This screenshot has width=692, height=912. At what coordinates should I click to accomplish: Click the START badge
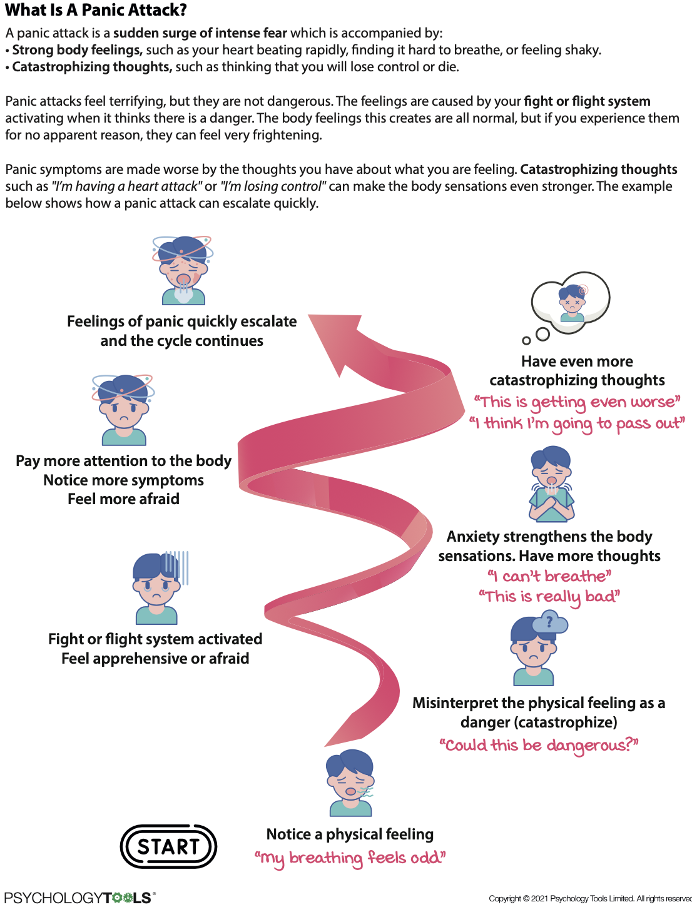pyautogui.click(x=168, y=846)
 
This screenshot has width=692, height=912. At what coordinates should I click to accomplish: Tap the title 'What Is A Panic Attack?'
pyautogui.click(x=96, y=10)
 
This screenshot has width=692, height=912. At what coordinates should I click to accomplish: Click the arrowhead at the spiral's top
pyautogui.click(x=338, y=341)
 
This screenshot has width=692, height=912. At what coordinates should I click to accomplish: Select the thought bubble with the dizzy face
pyautogui.click(x=570, y=301)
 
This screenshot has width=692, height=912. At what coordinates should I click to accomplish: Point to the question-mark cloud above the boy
pyautogui.click(x=550, y=622)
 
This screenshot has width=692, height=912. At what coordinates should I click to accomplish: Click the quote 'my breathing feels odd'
pyautogui.click(x=350, y=858)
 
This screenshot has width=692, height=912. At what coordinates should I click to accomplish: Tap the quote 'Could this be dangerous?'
pyautogui.click(x=539, y=745)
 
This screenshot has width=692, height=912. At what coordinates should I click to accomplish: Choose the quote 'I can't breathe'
pyautogui.click(x=549, y=576)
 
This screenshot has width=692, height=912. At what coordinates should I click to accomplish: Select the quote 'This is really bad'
pyautogui.click(x=549, y=597)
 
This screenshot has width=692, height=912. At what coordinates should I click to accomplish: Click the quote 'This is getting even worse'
pyautogui.click(x=577, y=402)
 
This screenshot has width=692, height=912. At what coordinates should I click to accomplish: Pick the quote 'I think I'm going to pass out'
pyautogui.click(x=577, y=423)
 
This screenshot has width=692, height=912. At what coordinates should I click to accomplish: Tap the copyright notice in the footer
pyautogui.click(x=589, y=899)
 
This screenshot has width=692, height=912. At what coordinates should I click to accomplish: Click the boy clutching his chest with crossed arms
pyautogui.click(x=551, y=485)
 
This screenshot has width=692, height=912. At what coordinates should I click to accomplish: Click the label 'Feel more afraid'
pyautogui.click(x=123, y=499)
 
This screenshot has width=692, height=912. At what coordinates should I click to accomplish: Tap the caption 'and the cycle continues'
pyautogui.click(x=181, y=341)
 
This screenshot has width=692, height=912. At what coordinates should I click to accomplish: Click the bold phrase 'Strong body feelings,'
pyautogui.click(x=78, y=50)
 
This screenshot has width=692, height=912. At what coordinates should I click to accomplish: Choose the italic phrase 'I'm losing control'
pyautogui.click(x=273, y=186)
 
